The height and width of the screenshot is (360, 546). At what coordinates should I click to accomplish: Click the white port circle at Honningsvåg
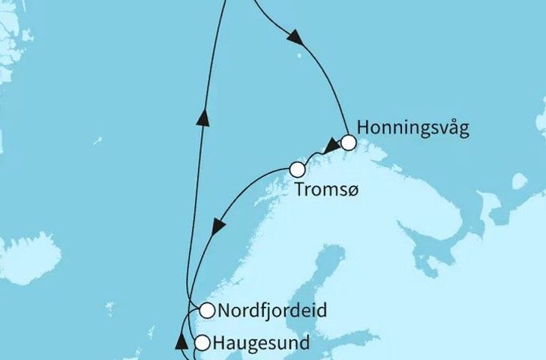(x=348, y=142)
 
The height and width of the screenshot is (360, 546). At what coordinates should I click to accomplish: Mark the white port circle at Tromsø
(x=298, y=169)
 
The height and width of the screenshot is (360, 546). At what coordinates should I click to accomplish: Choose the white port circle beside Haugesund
(x=202, y=343)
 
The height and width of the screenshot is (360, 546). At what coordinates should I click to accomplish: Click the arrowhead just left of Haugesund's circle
(x=180, y=343)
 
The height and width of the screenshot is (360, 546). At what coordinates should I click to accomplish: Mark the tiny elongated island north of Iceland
(x=97, y=140)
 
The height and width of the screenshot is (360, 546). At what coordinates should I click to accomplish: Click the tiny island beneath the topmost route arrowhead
(x=301, y=46)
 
